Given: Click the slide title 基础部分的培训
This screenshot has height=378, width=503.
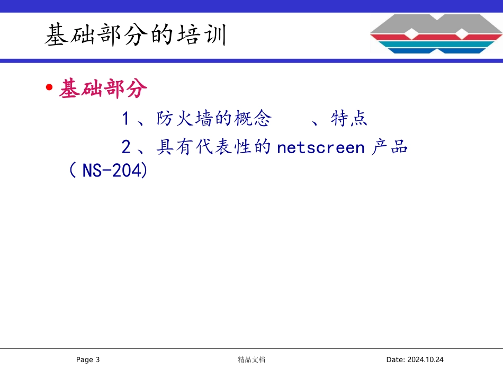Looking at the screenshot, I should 136,36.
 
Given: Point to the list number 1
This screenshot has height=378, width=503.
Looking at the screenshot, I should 125,119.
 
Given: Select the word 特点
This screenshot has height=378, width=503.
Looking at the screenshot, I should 349,119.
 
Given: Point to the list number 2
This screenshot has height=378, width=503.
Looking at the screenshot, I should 125,146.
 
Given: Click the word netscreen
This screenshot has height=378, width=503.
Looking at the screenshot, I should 321,147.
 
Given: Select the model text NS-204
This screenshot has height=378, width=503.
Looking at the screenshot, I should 114,171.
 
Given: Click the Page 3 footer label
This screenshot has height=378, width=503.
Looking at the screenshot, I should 88,360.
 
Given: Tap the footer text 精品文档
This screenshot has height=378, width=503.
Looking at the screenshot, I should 251,360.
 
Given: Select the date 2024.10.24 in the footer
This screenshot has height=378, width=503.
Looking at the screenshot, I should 425,360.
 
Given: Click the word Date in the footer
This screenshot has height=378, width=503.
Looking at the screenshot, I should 395,360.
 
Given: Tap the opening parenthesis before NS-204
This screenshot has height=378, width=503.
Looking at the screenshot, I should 73,171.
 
